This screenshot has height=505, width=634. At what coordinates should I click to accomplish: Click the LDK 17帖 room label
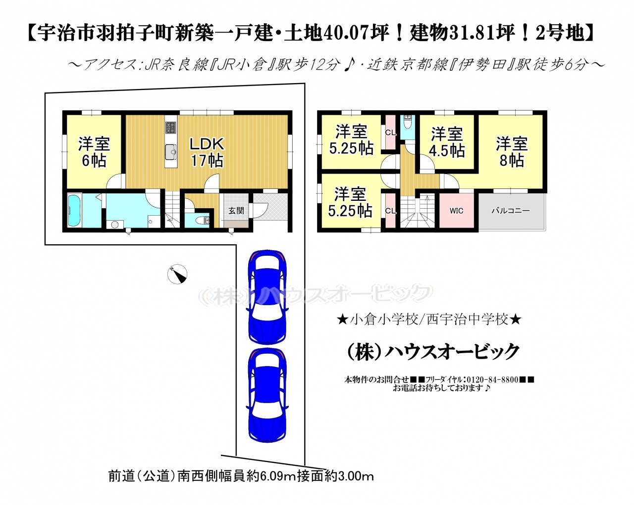pos(207,152)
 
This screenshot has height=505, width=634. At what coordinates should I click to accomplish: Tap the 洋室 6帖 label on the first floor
pos(94,152)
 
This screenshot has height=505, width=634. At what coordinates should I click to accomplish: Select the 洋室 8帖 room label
pos(512,152)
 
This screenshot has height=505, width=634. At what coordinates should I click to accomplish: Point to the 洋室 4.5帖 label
pos(447,142)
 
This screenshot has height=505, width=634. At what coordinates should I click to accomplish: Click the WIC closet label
pos(456,211)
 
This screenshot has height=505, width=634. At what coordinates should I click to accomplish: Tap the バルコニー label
pos(511,210)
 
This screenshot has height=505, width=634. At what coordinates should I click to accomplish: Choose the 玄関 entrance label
pos(236,211)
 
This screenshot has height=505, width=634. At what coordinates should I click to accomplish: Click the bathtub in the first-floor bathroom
pos(74,210)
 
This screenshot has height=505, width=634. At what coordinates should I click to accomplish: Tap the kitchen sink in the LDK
pos(171,151)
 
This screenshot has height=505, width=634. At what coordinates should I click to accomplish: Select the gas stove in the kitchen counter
pos(171,127)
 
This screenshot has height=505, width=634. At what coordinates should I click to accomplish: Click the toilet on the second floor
pos(408,123)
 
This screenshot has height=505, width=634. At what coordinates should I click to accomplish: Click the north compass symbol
pos(177,274)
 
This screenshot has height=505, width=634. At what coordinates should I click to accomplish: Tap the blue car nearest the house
pos(267,297)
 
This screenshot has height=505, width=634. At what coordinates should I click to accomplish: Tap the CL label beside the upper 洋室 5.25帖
pos(391,133)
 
